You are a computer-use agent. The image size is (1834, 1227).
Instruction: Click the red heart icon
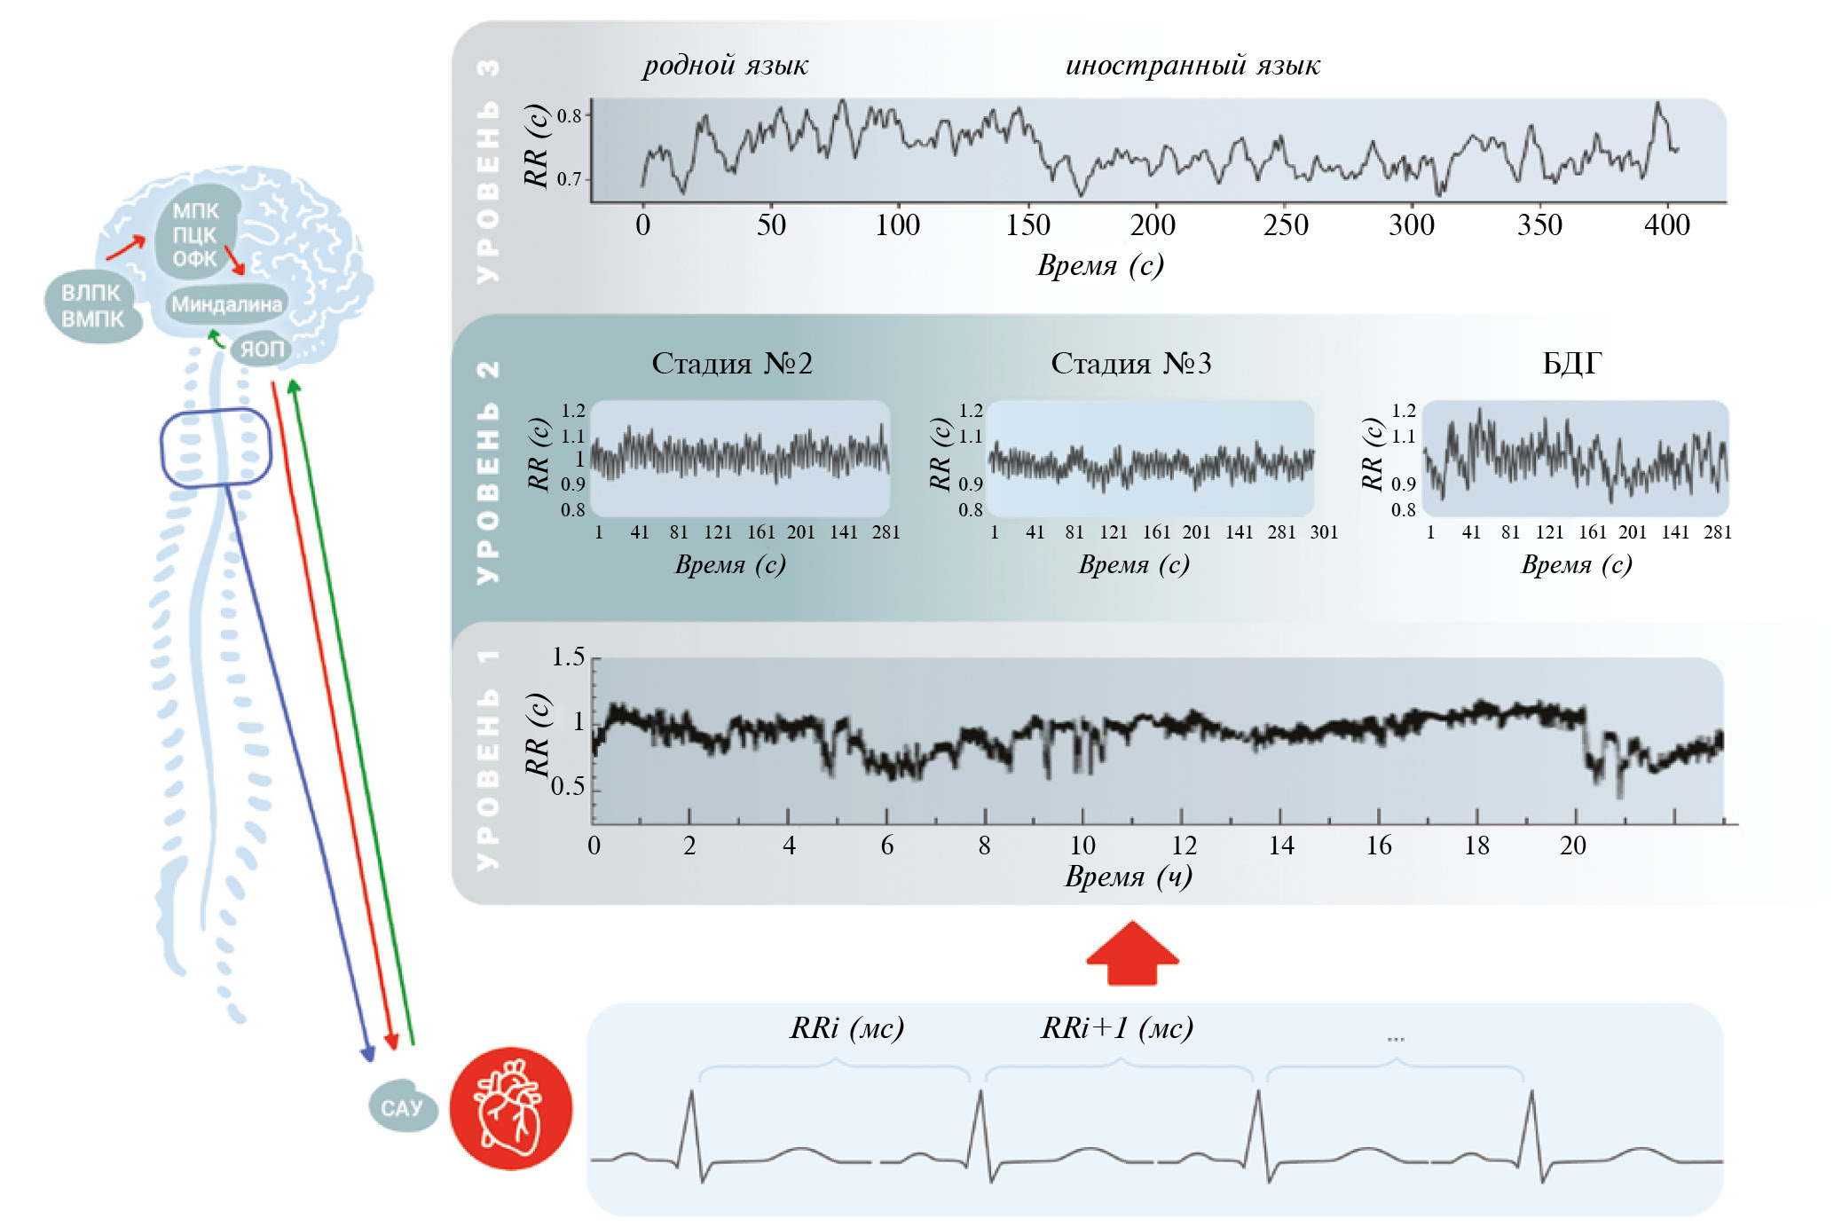click(x=510, y=1108)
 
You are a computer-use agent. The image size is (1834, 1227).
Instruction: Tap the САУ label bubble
click(x=402, y=1107)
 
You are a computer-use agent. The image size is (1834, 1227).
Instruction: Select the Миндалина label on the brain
click(x=226, y=304)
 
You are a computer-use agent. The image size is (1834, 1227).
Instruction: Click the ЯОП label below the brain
click(x=262, y=349)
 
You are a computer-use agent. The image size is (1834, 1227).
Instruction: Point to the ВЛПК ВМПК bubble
click(x=92, y=306)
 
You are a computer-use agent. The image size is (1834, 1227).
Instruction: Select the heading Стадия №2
click(x=732, y=363)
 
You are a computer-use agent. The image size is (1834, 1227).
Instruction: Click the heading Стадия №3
click(x=1130, y=363)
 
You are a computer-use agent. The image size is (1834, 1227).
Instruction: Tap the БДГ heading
click(x=1571, y=363)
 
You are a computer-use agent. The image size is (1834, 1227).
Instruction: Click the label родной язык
click(x=725, y=65)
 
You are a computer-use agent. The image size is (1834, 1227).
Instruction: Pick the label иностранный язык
click(x=1192, y=65)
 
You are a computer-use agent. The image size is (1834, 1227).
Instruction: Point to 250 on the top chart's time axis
click(x=1286, y=225)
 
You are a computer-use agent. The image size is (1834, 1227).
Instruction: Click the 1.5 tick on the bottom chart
click(x=568, y=657)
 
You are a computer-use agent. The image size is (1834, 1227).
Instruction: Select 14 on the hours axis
click(x=1280, y=846)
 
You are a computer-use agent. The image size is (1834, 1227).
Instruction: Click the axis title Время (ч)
click(x=1128, y=877)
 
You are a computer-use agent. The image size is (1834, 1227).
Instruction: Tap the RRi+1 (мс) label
click(x=1116, y=1027)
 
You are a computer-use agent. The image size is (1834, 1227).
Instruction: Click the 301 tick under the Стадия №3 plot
click(x=1324, y=532)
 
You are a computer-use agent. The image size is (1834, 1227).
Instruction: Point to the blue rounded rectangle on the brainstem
click(x=215, y=447)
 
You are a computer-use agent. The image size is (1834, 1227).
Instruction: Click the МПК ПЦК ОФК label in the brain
click(x=195, y=235)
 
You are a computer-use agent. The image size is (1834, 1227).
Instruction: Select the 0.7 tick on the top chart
click(x=569, y=179)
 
